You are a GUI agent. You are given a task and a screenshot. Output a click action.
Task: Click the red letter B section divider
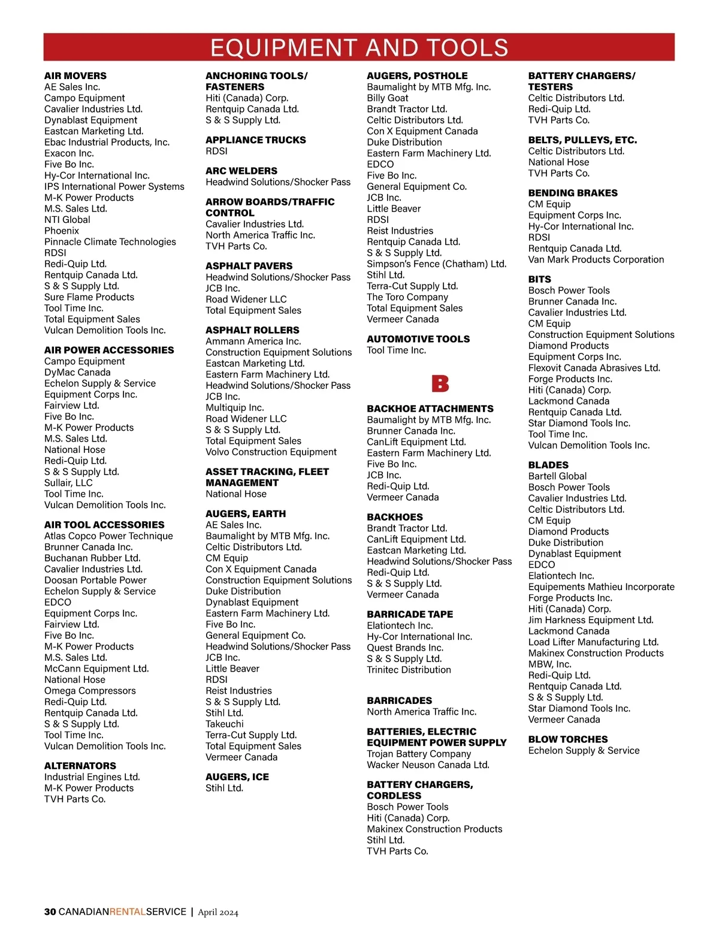coord(440,383)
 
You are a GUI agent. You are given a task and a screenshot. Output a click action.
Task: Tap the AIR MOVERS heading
coord(75,76)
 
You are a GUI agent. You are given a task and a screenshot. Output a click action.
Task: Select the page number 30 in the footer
coord(50,912)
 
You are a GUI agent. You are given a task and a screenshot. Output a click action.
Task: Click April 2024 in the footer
coord(218,912)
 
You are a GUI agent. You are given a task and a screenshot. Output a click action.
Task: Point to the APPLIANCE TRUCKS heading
coord(255,140)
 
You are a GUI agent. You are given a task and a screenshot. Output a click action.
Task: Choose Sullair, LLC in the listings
coord(68,483)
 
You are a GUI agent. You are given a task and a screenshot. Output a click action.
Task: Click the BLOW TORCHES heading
coord(567,739)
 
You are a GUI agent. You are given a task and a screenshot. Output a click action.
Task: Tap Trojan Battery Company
coord(419,754)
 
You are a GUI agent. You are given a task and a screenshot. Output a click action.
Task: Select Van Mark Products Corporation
coord(596,259)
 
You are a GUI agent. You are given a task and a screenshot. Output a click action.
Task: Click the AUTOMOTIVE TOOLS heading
coord(418,339)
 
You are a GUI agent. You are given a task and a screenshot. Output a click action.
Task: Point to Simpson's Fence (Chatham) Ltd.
coord(436,264)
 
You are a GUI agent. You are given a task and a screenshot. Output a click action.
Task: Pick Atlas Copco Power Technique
coord(108,536)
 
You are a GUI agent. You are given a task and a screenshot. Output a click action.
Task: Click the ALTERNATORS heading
coord(80,766)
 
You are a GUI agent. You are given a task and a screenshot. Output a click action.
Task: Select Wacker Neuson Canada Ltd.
coord(428,765)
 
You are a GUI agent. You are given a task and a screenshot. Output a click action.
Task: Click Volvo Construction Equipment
coord(271,452)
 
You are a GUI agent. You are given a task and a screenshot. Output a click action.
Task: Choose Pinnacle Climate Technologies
coord(110,242)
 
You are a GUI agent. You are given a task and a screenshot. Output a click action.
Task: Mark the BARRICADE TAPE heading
coord(410,615)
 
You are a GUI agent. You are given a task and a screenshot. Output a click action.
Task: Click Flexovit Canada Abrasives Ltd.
coord(594,368)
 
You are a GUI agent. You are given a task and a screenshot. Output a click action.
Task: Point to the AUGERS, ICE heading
coord(237,777)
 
